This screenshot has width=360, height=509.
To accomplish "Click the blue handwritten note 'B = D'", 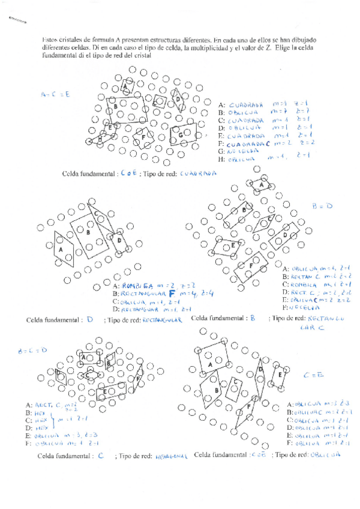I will [322, 205].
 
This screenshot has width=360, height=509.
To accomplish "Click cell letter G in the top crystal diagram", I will [181, 136].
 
